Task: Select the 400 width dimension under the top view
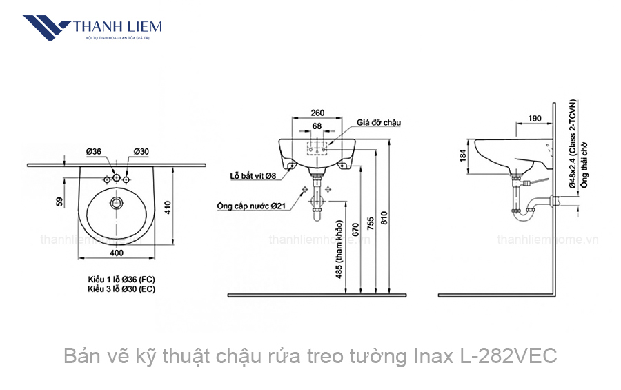(116, 253)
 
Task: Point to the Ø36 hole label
(94, 152)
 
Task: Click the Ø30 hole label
(142, 152)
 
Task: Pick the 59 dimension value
(60, 202)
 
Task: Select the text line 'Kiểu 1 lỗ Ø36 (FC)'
(121, 278)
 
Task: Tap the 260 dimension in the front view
(317, 113)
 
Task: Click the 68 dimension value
(317, 126)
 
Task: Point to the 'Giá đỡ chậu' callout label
(379, 122)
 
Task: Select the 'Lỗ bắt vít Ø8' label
(253, 176)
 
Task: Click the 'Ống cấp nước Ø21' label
(251, 206)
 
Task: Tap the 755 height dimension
(377, 224)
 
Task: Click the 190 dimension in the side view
(535, 118)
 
